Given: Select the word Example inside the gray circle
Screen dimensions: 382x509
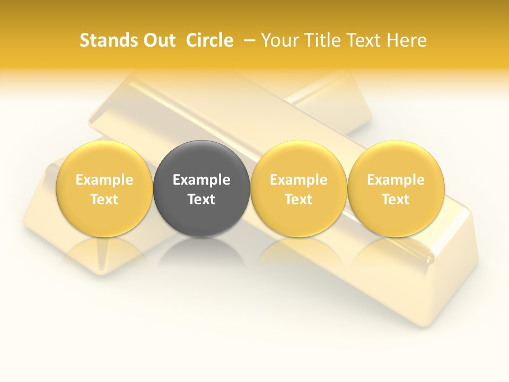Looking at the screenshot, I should (x=201, y=180).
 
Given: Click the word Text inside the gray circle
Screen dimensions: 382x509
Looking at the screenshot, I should (x=201, y=199).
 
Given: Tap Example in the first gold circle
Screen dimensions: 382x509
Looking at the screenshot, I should (x=104, y=180).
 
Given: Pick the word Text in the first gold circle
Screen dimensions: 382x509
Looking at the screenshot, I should (x=104, y=199).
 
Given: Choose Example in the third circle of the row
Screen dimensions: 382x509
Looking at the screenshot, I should (x=299, y=180).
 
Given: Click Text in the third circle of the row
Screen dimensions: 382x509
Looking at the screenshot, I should (x=299, y=199).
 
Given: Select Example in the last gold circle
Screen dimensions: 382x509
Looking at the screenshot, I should (x=396, y=180).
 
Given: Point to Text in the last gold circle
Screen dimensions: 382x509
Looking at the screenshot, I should (x=396, y=199).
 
